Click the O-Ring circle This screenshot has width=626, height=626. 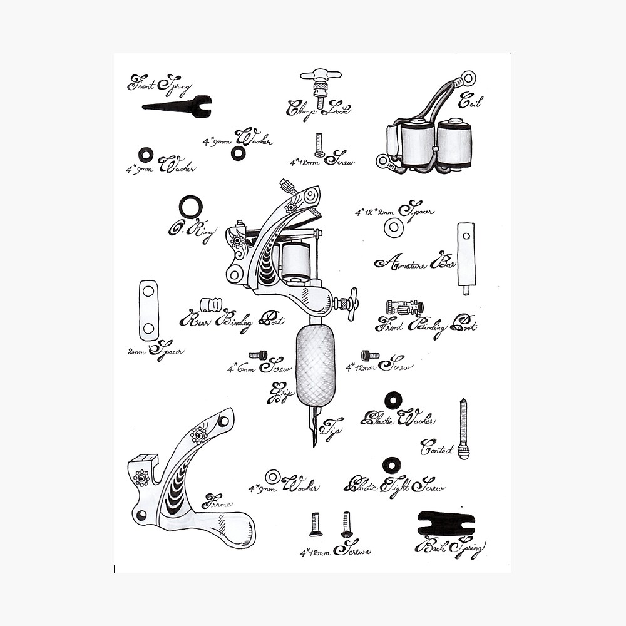pyautogui.click(x=190, y=207)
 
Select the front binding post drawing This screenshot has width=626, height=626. pyautogui.click(x=404, y=307)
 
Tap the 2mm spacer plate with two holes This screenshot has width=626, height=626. pyautogui.click(x=148, y=310)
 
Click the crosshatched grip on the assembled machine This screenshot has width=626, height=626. pyautogui.click(x=316, y=366)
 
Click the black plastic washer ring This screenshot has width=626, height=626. pyautogui.click(x=393, y=400)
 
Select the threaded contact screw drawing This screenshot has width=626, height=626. pyautogui.click(x=463, y=429)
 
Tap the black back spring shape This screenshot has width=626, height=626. pyautogui.click(x=446, y=523)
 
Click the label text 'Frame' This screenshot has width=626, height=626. pyautogui.click(x=217, y=503)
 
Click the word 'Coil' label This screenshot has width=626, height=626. pyautogui.click(x=470, y=100)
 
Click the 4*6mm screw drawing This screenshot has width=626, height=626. pyautogui.click(x=258, y=356)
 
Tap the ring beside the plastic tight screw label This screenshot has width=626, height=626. pyautogui.click(x=391, y=465)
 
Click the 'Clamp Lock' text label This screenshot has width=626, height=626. pyautogui.click(x=318, y=109)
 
